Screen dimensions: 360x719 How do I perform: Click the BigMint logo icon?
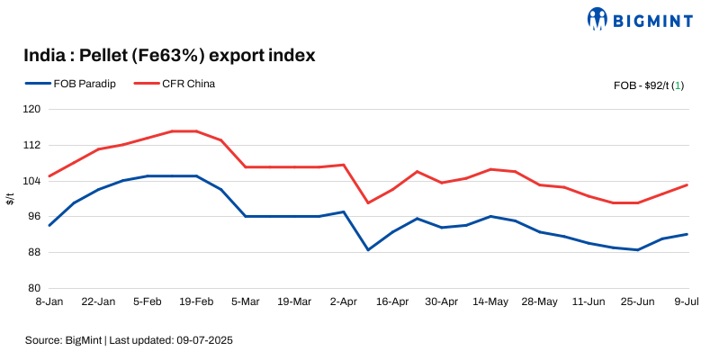pos(598,18)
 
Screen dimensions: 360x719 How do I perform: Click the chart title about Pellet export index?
pos(169,56)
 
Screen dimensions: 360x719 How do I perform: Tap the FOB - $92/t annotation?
pos(648,85)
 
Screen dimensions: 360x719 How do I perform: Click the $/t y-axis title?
pos(10,199)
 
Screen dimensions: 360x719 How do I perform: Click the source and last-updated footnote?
pos(130,341)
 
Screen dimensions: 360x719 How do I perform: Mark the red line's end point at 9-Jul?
pos(688,184)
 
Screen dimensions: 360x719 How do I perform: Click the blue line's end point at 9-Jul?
pos(688,234)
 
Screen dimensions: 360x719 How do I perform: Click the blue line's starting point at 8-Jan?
pos(49,225)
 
